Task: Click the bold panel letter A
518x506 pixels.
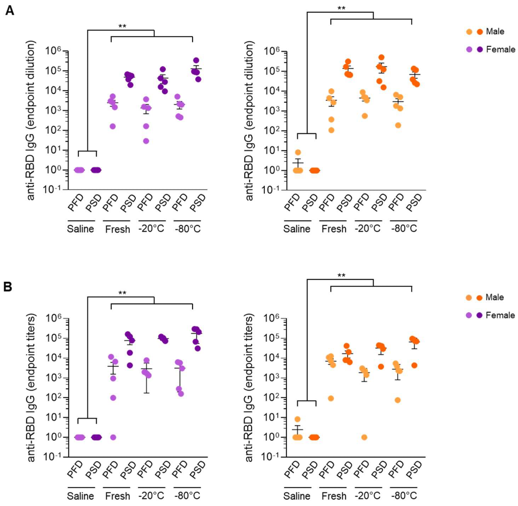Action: tap(10, 11)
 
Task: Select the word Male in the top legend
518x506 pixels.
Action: tap(495, 31)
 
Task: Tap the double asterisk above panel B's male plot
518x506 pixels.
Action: tap(341, 276)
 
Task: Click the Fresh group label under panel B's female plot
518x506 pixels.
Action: tap(117, 496)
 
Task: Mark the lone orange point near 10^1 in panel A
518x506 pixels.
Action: tap(298, 152)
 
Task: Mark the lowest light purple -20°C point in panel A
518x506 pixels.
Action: tap(146, 141)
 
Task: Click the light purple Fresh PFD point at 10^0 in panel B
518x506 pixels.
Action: tap(113, 437)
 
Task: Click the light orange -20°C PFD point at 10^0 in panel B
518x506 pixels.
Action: tap(364, 437)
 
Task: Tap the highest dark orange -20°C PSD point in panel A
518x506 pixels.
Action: tap(381, 57)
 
